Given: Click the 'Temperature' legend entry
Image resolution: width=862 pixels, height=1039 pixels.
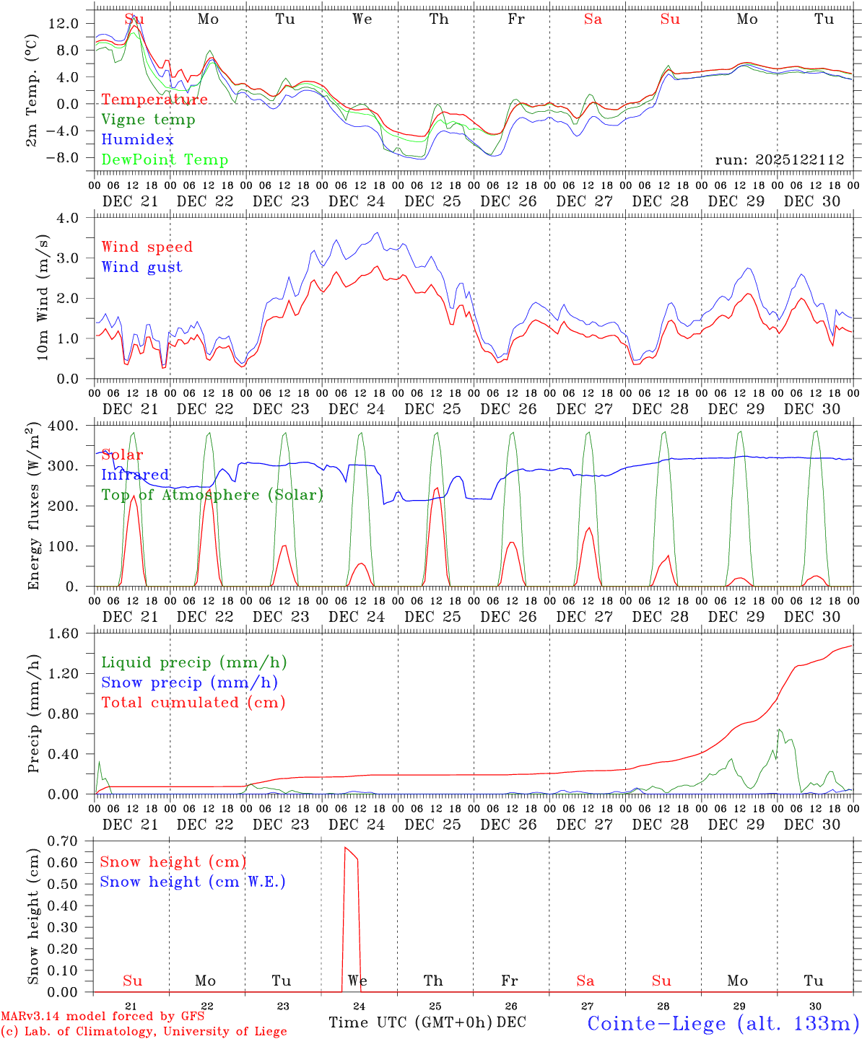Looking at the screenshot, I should pyautogui.click(x=154, y=100).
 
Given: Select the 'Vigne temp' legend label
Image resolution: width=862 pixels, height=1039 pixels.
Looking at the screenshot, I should pyautogui.click(x=148, y=120).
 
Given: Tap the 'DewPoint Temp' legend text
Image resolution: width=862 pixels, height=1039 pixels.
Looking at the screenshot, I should pyautogui.click(x=165, y=160).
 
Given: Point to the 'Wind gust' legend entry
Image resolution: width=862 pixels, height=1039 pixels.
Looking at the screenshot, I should pyautogui.click(x=142, y=267).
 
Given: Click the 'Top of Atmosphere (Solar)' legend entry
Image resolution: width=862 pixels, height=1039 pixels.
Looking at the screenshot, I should pyautogui.click(x=212, y=495).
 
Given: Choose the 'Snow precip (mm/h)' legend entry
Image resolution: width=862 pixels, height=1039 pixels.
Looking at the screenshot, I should pyautogui.click(x=189, y=683).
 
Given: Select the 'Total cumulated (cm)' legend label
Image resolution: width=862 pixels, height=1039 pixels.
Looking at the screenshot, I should pyautogui.click(x=193, y=703).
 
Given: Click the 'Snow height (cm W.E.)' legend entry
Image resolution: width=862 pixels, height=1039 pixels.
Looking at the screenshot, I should pyautogui.click(x=192, y=882).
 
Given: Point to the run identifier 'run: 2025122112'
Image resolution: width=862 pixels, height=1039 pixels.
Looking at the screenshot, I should pyautogui.click(x=780, y=160).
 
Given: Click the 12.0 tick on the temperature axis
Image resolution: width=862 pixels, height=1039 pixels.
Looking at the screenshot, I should pyautogui.click(x=64, y=24).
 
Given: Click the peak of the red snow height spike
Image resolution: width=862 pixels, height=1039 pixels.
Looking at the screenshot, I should pyautogui.click(x=345, y=848).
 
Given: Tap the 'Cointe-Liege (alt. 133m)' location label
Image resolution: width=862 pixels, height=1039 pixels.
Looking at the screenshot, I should pyautogui.click(x=723, y=1023).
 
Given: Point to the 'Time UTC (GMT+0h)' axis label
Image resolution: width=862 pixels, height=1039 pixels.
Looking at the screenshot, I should pyautogui.click(x=411, y=1022).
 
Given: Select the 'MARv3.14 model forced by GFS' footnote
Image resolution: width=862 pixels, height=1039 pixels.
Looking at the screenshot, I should pyautogui.click(x=103, y=1016).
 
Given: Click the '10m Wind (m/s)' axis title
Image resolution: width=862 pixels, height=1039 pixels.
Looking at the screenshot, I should pyautogui.click(x=43, y=297).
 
